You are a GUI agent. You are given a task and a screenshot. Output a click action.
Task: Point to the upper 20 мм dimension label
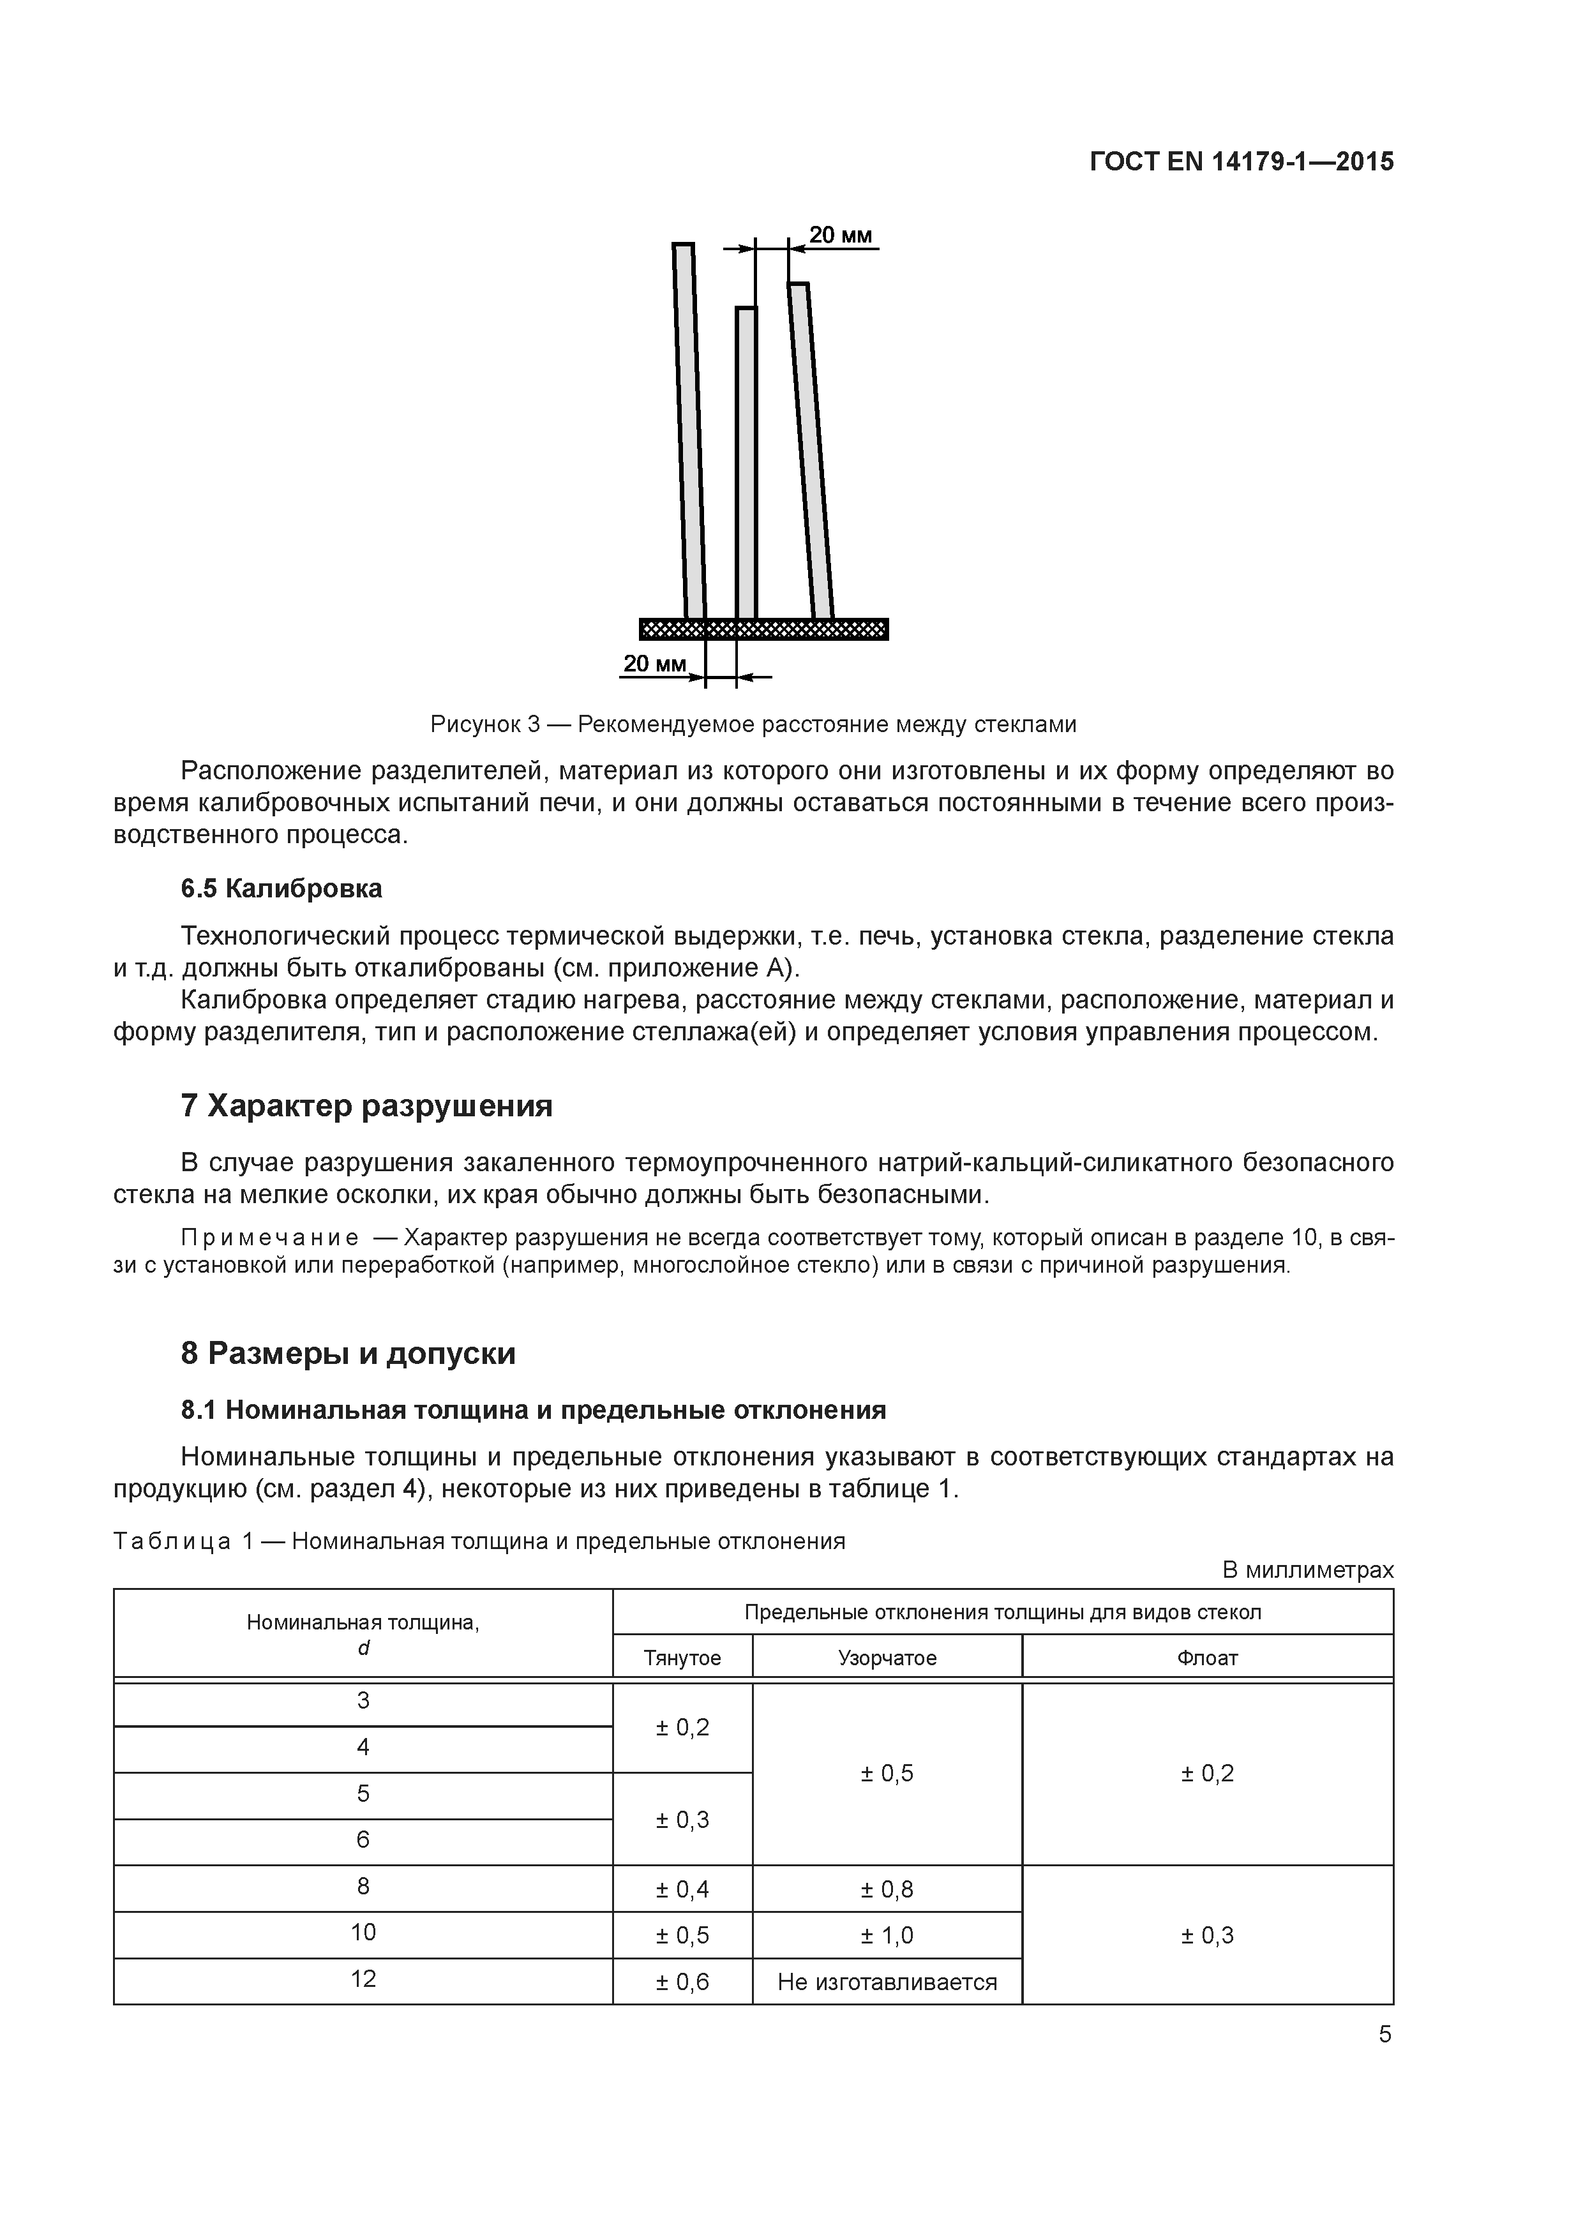coord(840,235)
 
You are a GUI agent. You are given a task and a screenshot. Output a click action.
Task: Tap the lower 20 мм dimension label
coord(654,664)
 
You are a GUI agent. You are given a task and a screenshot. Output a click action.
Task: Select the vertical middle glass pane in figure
coord(746,463)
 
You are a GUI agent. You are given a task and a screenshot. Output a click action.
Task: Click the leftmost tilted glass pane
coord(689,429)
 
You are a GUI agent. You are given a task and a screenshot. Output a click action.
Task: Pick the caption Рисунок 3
coord(753,724)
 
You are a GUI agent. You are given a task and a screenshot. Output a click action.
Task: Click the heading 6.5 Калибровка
coord(282,888)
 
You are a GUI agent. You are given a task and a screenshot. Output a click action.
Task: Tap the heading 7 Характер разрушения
coord(367,1106)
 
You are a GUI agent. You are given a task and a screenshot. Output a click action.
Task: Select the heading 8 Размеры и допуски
coord(349,1354)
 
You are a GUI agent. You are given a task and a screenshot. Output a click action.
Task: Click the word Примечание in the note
coord(270,1238)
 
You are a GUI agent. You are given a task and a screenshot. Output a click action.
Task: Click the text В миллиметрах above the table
coord(1307,1570)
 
